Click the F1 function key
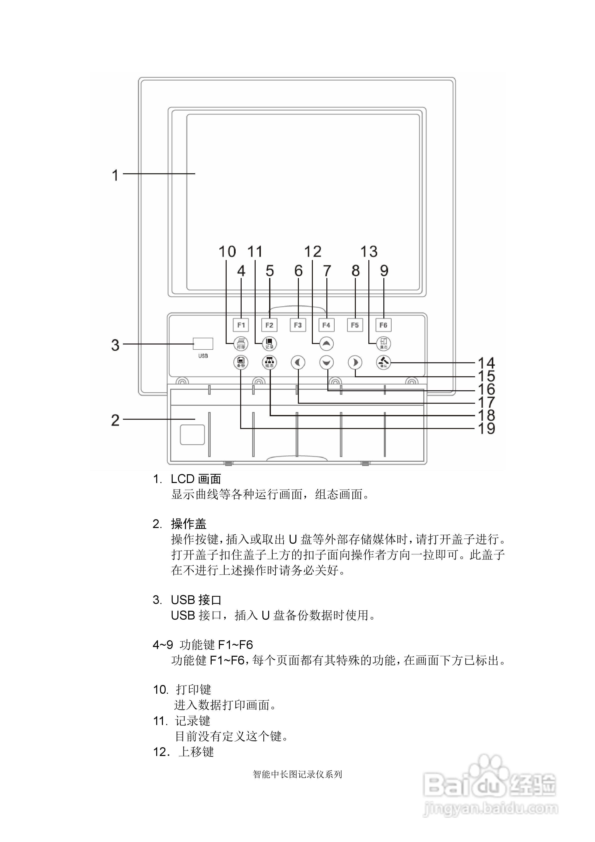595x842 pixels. point(241,325)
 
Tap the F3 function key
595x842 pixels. point(298,325)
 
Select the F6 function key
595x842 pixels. point(383,325)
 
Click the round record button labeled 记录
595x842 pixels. point(269,343)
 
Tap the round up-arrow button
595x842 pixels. point(327,343)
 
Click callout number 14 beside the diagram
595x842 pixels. point(487,363)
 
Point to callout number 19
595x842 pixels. point(487,428)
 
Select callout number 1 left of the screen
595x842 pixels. point(115,175)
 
